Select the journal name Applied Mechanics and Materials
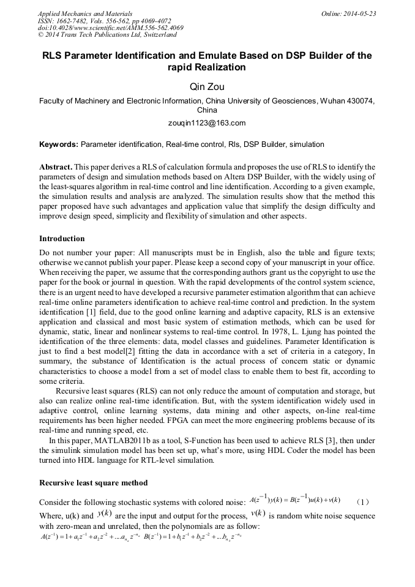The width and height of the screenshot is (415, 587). tap(85, 13)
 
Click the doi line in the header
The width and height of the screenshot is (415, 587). tap(110, 28)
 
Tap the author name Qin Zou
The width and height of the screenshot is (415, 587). tap(207, 87)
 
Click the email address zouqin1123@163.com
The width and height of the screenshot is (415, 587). tap(207, 123)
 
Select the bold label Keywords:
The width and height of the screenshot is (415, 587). tap(59, 144)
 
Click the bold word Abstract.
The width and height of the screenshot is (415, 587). tap(56, 166)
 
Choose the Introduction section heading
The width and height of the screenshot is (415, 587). tap(62, 238)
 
